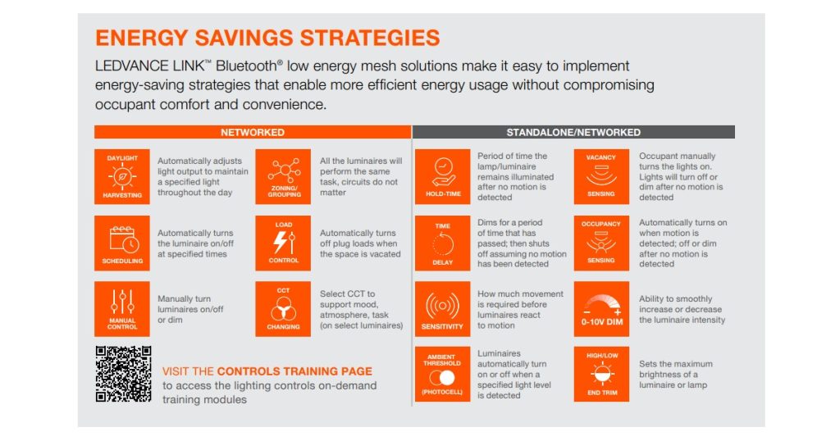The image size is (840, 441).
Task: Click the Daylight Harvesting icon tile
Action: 122,176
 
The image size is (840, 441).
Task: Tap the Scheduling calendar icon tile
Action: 122,243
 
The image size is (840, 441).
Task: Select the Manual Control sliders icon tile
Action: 122,308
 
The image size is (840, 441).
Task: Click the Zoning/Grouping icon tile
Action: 284,176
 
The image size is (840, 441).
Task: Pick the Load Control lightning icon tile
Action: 284,243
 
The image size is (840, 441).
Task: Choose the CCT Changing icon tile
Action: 284,308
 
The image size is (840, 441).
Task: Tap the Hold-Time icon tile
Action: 443,176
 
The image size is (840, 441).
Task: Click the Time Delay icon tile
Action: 443,243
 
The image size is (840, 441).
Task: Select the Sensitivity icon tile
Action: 443,308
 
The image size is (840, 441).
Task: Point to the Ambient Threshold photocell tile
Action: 443,375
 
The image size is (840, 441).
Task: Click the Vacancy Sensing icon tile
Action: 601,176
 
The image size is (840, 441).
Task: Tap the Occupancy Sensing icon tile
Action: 601,243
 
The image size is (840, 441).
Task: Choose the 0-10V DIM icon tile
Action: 601,308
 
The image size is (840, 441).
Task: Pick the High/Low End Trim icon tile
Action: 601,375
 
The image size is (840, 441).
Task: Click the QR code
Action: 124,374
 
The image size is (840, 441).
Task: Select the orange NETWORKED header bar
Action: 253,132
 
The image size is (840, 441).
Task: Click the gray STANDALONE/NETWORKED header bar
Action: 573,132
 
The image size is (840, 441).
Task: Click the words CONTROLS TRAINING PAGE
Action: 294,371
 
